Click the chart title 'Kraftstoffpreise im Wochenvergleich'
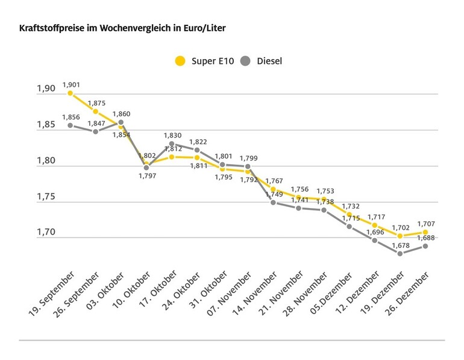click(x=124, y=28)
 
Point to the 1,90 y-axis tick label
click(x=46, y=89)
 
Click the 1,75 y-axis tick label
click(x=46, y=197)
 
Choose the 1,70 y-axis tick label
click(x=46, y=232)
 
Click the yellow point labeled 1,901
click(x=70, y=93)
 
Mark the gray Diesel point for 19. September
click(x=70, y=125)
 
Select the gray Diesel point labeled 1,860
click(x=121, y=122)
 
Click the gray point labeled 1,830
click(x=172, y=144)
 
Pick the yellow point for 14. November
click(x=273, y=189)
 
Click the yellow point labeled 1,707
click(x=425, y=232)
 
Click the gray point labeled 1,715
click(x=350, y=226)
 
